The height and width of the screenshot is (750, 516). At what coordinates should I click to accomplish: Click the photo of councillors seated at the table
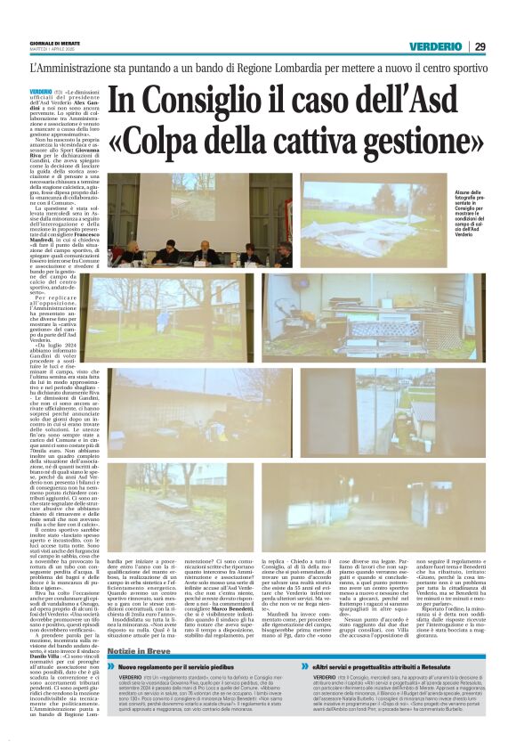pos(186,219)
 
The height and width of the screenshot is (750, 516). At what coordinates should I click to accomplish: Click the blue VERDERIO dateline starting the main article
pos(40,92)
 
